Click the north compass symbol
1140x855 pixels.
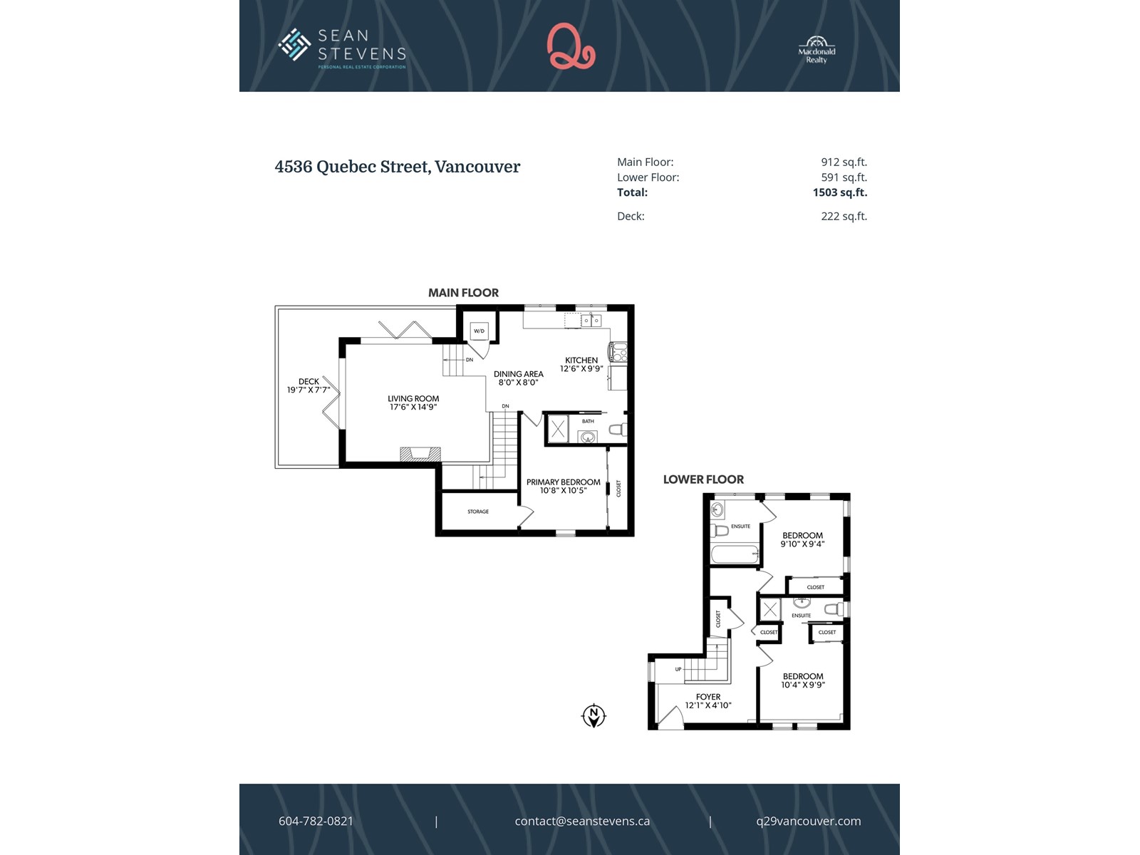pyautogui.click(x=594, y=716)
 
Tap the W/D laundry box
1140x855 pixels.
pyautogui.click(x=479, y=331)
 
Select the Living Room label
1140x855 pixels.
pyautogui.click(x=413, y=399)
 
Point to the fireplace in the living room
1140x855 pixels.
pyautogui.click(x=420, y=454)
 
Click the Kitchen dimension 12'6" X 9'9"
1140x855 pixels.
pyautogui.click(x=581, y=368)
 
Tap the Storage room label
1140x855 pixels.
pyautogui.click(x=478, y=512)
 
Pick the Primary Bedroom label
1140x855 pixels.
pyautogui.click(x=564, y=482)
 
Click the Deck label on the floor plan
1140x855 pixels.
pyautogui.click(x=309, y=382)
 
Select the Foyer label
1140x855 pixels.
pyautogui.click(x=708, y=697)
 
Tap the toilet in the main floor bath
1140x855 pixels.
pyautogui.click(x=618, y=430)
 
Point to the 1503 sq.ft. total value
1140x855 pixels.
pyautogui.click(x=840, y=192)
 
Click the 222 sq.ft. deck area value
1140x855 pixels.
pyautogui.click(x=844, y=217)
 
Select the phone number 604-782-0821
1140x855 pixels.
pyautogui.click(x=316, y=821)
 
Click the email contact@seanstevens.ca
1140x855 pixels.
pyautogui.click(x=582, y=821)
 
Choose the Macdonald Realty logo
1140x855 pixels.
pyautogui.click(x=817, y=50)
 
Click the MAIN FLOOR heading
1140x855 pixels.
pyautogui.click(x=463, y=293)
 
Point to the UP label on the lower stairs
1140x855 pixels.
pyautogui.click(x=678, y=669)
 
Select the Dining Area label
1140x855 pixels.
pyautogui.click(x=518, y=374)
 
